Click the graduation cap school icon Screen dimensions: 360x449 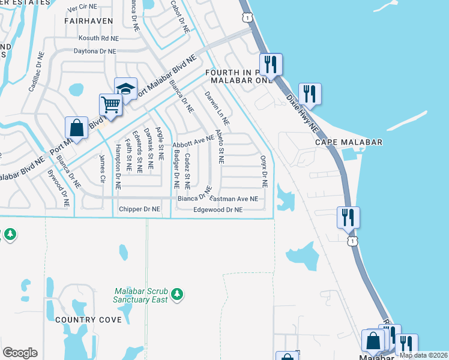tap(125, 89)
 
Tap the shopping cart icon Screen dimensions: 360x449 tap(110, 105)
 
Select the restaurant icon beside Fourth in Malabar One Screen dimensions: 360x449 tap(271, 64)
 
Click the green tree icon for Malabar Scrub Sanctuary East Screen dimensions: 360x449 tap(176, 293)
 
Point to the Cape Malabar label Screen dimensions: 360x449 tap(349, 142)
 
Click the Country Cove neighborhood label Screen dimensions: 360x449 tap(88, 320)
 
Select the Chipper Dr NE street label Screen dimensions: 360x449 tap(140, 209)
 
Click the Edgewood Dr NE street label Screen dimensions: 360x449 tap(217, 210)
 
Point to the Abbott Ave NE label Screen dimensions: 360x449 tap(193, 142)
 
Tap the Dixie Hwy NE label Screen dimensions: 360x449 tap(301, 112)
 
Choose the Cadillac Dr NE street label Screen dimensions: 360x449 tap(35, 71)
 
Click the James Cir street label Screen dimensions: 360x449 tap(102, 169)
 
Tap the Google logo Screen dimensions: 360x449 tap(20, 353)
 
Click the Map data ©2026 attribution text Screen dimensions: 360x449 tap(423, 355)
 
